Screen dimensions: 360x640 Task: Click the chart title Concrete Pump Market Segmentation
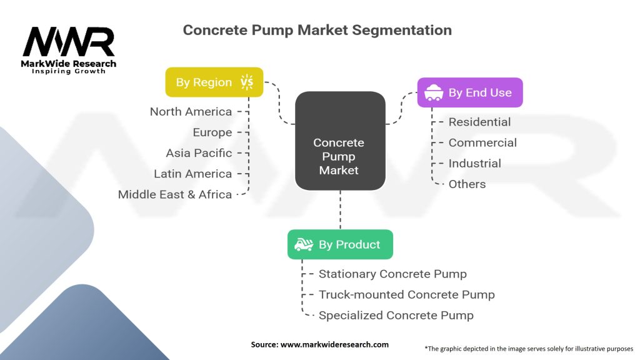[x=317, y=30]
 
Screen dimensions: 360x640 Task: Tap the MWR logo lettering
[x=69, y=42]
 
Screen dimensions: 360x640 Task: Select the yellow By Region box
[x=214, y=82]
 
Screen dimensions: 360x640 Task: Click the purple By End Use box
[x=470, y=92]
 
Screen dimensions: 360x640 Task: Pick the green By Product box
[x=340, y=244]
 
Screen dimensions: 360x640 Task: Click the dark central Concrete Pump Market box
[x=339, y=141]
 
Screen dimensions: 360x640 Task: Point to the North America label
[x=191, y=111]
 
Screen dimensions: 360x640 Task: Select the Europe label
[x=212, y=132]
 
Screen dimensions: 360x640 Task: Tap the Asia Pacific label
[x=199, y=153]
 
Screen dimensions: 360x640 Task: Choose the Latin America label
[x=192, y=174]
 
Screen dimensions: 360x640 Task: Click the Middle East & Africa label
[x=175, y=194]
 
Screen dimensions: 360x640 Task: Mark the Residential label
[x=479, y=122]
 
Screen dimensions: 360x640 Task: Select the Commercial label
[x=482, y=142]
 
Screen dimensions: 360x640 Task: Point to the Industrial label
[x=474, y=163]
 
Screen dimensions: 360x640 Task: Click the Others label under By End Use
[x=467, y=184]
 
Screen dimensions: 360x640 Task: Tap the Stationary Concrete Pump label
[x=392, y=274]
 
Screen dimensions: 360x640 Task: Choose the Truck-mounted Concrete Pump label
[x=406, y=294]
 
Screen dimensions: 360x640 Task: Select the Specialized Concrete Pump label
[x=396, y=316]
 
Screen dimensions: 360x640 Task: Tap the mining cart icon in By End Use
[x=433, y=93]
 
